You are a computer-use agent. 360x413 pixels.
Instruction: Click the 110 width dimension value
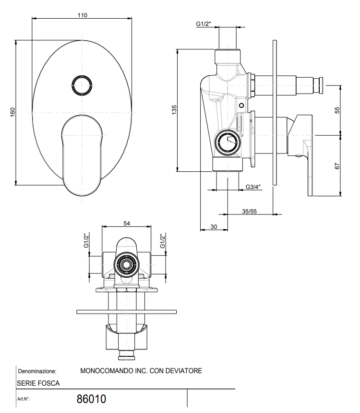tap(82, 15)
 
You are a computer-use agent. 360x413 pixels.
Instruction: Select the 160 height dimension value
tap(12, 112)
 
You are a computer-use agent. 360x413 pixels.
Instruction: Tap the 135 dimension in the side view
tap(174, 110)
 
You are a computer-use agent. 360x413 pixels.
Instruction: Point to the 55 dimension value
tap(337, 110)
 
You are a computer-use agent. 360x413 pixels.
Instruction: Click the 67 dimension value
tap(337, 166)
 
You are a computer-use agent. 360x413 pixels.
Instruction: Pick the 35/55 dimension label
tap(249, 211)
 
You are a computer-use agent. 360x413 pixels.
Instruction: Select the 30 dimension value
tap(214, 226)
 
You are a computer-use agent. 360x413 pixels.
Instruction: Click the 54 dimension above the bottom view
tap(127, 224)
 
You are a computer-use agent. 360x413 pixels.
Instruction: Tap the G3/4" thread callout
tap(253, 187)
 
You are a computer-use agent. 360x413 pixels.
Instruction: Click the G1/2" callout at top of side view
tap(204, 24)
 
